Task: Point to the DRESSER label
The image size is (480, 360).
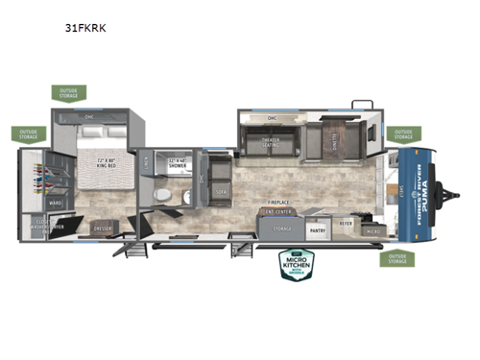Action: (x=104, y=228)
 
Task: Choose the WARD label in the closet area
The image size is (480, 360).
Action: (x=56, y=203)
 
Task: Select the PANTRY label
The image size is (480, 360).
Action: (x=318, y=229)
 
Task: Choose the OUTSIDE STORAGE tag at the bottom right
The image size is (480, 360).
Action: (x=395, y=258)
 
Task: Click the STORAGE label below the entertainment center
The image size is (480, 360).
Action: (x=281, y=228)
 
